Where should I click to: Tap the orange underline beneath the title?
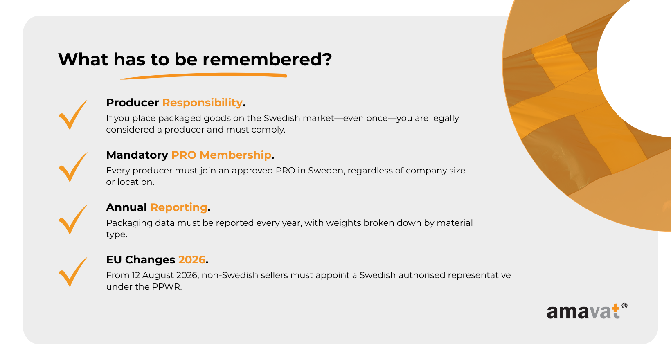click(x=204, y=76)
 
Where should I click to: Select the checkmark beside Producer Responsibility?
click(x=73, y=115)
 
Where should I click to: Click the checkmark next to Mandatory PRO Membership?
click(x=73, y=167)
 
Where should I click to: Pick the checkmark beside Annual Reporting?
click(x=73, y=220)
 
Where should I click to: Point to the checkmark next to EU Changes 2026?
click(x=73, y=272)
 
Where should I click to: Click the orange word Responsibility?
click(x=202, y=103)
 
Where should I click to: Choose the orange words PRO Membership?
click(x=221, y=155)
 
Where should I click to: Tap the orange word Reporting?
click(x=178, y=208)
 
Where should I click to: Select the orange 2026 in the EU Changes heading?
click(x=192, y=260)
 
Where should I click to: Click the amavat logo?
click(x=587, y=311)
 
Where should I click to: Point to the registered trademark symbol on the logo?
click(x=624, y=306)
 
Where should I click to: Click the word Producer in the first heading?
click(x=133, y=103)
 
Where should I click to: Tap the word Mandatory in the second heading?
click(x=137, y=155)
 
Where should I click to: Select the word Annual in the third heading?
click(x=126, y=207)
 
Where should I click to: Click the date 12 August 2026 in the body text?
click(x=165, y=275)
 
